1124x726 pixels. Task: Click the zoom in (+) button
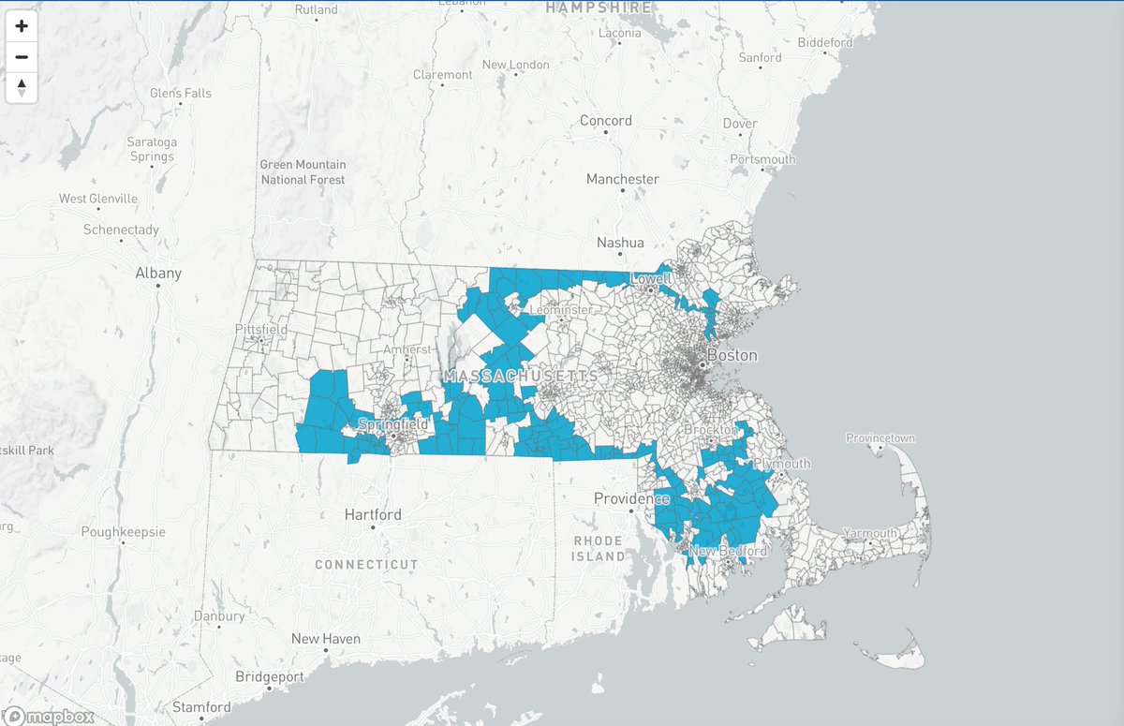(x=22, y=26)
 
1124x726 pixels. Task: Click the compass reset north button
(x=22, y=88)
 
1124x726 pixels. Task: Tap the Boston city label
(x=732, y=356)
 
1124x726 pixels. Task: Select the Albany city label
(x=158, y=274)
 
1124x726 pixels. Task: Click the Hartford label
(x=373, y=514)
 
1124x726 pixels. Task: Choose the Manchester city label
(x=622, y=179)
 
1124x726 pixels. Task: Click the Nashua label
(x=621, y=243)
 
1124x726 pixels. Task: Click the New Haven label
(x=325, y=639)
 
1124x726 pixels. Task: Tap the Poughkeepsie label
(x=124, y=531)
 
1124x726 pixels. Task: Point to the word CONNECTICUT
(x=366, y=565)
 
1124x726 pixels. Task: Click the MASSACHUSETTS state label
(x=522, y=376)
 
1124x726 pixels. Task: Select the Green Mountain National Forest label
(x=303, y=171)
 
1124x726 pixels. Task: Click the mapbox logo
(x=60, y=717)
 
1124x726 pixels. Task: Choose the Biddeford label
(x=825, y=42)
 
